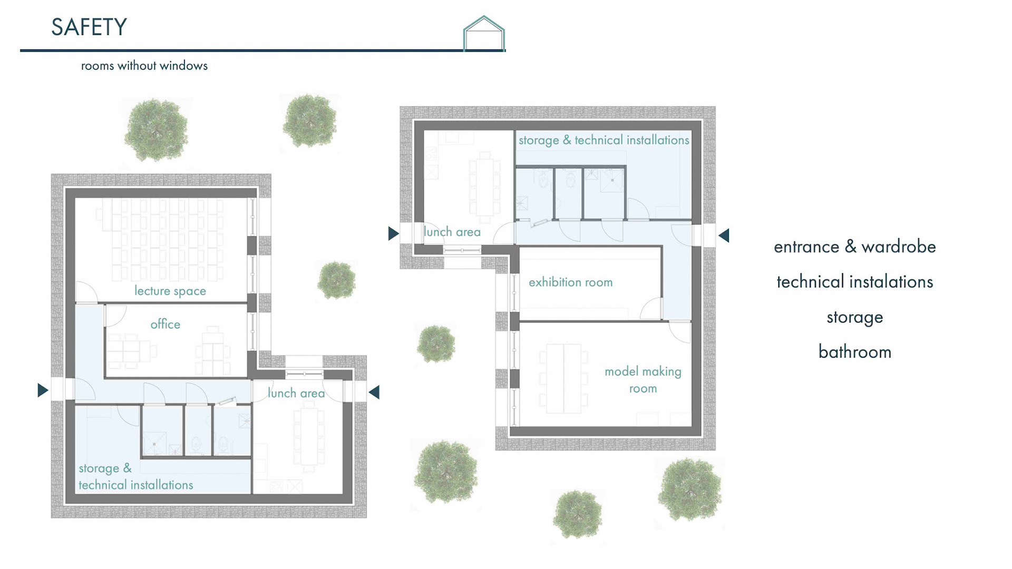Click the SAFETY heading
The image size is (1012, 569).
89,27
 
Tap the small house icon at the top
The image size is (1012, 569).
484,33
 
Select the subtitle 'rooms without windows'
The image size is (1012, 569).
144,66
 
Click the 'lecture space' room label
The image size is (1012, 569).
170,291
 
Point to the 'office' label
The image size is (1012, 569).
165,324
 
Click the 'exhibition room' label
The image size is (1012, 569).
570,282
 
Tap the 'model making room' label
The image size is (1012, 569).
643,380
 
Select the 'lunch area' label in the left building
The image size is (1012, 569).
296,393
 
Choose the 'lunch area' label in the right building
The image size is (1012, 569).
452,232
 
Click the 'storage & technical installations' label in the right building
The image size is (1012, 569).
604,140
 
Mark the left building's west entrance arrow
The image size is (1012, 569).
43,390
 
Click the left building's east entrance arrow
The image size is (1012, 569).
374,392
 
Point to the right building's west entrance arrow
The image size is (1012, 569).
393,233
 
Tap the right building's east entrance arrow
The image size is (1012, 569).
724,236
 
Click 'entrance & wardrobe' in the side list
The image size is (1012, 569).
855,247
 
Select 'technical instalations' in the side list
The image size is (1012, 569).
855,282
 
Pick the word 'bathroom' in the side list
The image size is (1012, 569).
855,352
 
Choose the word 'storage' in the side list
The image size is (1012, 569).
855,317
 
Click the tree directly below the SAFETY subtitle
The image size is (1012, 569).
156,130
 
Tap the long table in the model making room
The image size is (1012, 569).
563,379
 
